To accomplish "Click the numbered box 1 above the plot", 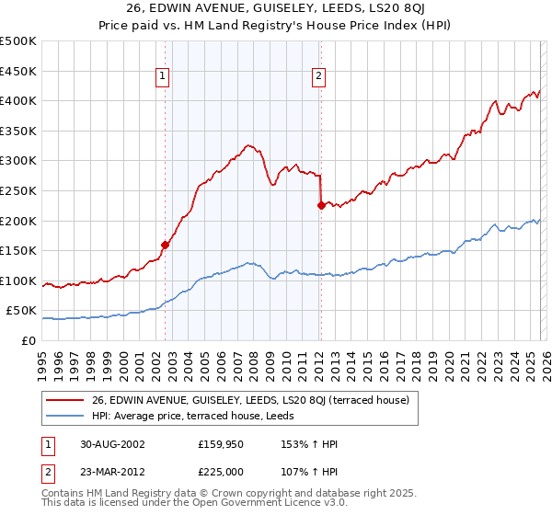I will [x=162, y=77].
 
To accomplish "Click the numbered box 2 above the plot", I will [x=318, y=77].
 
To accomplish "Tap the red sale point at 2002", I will [x=166, y=245].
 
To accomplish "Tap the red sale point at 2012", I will [x=321, y=206].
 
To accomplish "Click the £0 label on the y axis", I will [x=28, y=341].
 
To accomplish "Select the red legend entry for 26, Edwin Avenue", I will [x=256, y=399].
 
